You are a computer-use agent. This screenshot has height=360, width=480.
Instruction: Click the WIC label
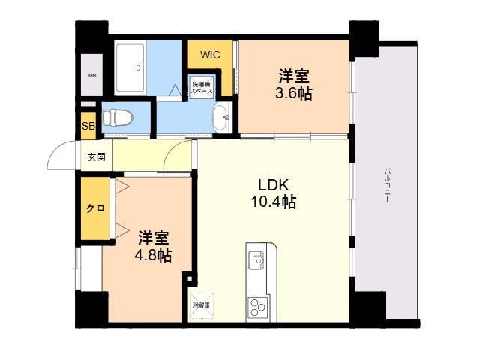(x=210, y=55)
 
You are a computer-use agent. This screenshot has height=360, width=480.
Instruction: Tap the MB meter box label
(x=92, y=75)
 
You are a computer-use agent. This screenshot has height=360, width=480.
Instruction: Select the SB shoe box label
(x=88, y=126)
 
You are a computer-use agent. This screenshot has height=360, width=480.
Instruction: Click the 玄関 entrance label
(x=97, y=157)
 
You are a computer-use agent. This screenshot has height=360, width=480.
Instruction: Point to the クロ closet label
(x=95, y=208)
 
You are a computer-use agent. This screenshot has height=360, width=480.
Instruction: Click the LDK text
(x=274, y=185)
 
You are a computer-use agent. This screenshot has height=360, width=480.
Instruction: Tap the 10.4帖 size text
(x=274, y=202)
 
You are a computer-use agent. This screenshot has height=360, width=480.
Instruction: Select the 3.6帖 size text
(x=294, y=93)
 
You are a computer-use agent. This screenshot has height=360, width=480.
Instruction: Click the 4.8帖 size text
(x=153, y=255)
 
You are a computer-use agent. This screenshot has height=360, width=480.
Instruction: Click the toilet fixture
(x=117, y=118)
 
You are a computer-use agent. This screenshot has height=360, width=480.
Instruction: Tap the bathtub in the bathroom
(x=130, y=68)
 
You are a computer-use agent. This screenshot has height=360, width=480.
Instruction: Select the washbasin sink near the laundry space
(x=223, y=117)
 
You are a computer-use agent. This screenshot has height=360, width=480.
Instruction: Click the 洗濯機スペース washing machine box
(x=202, y=87)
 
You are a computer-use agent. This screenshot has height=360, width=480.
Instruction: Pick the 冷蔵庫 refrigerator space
(x=202, y=305)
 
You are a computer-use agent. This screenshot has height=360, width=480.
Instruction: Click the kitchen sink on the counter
(x=256, y=260)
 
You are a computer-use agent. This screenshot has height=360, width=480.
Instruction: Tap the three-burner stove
(x=258, y=307)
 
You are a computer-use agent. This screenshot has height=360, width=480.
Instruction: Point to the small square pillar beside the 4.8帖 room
(x=190, y=279)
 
